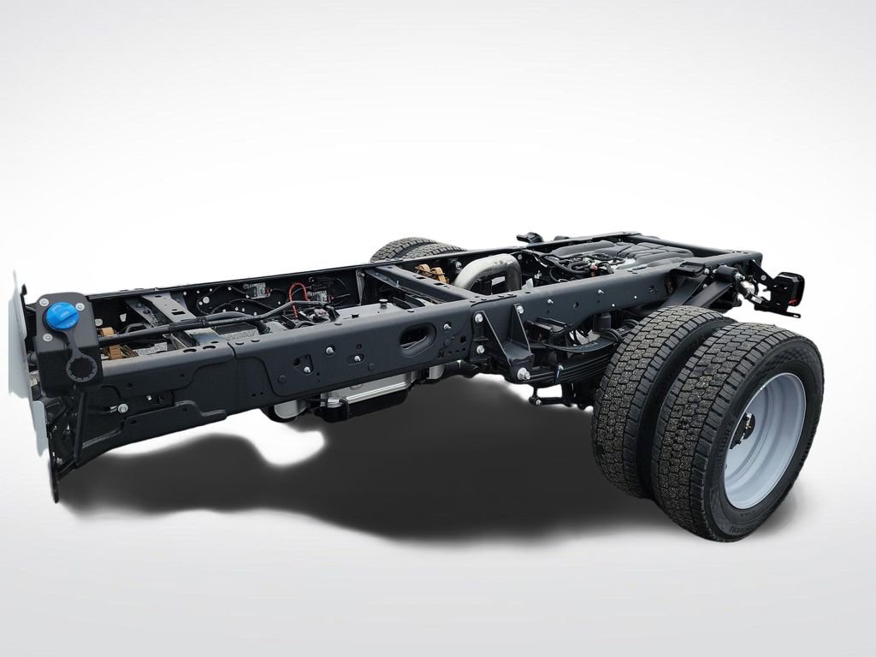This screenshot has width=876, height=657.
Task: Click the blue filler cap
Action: [62, 317]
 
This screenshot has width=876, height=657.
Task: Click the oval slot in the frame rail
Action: [417, 339]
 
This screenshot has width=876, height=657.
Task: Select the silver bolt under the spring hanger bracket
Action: [523, 374]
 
